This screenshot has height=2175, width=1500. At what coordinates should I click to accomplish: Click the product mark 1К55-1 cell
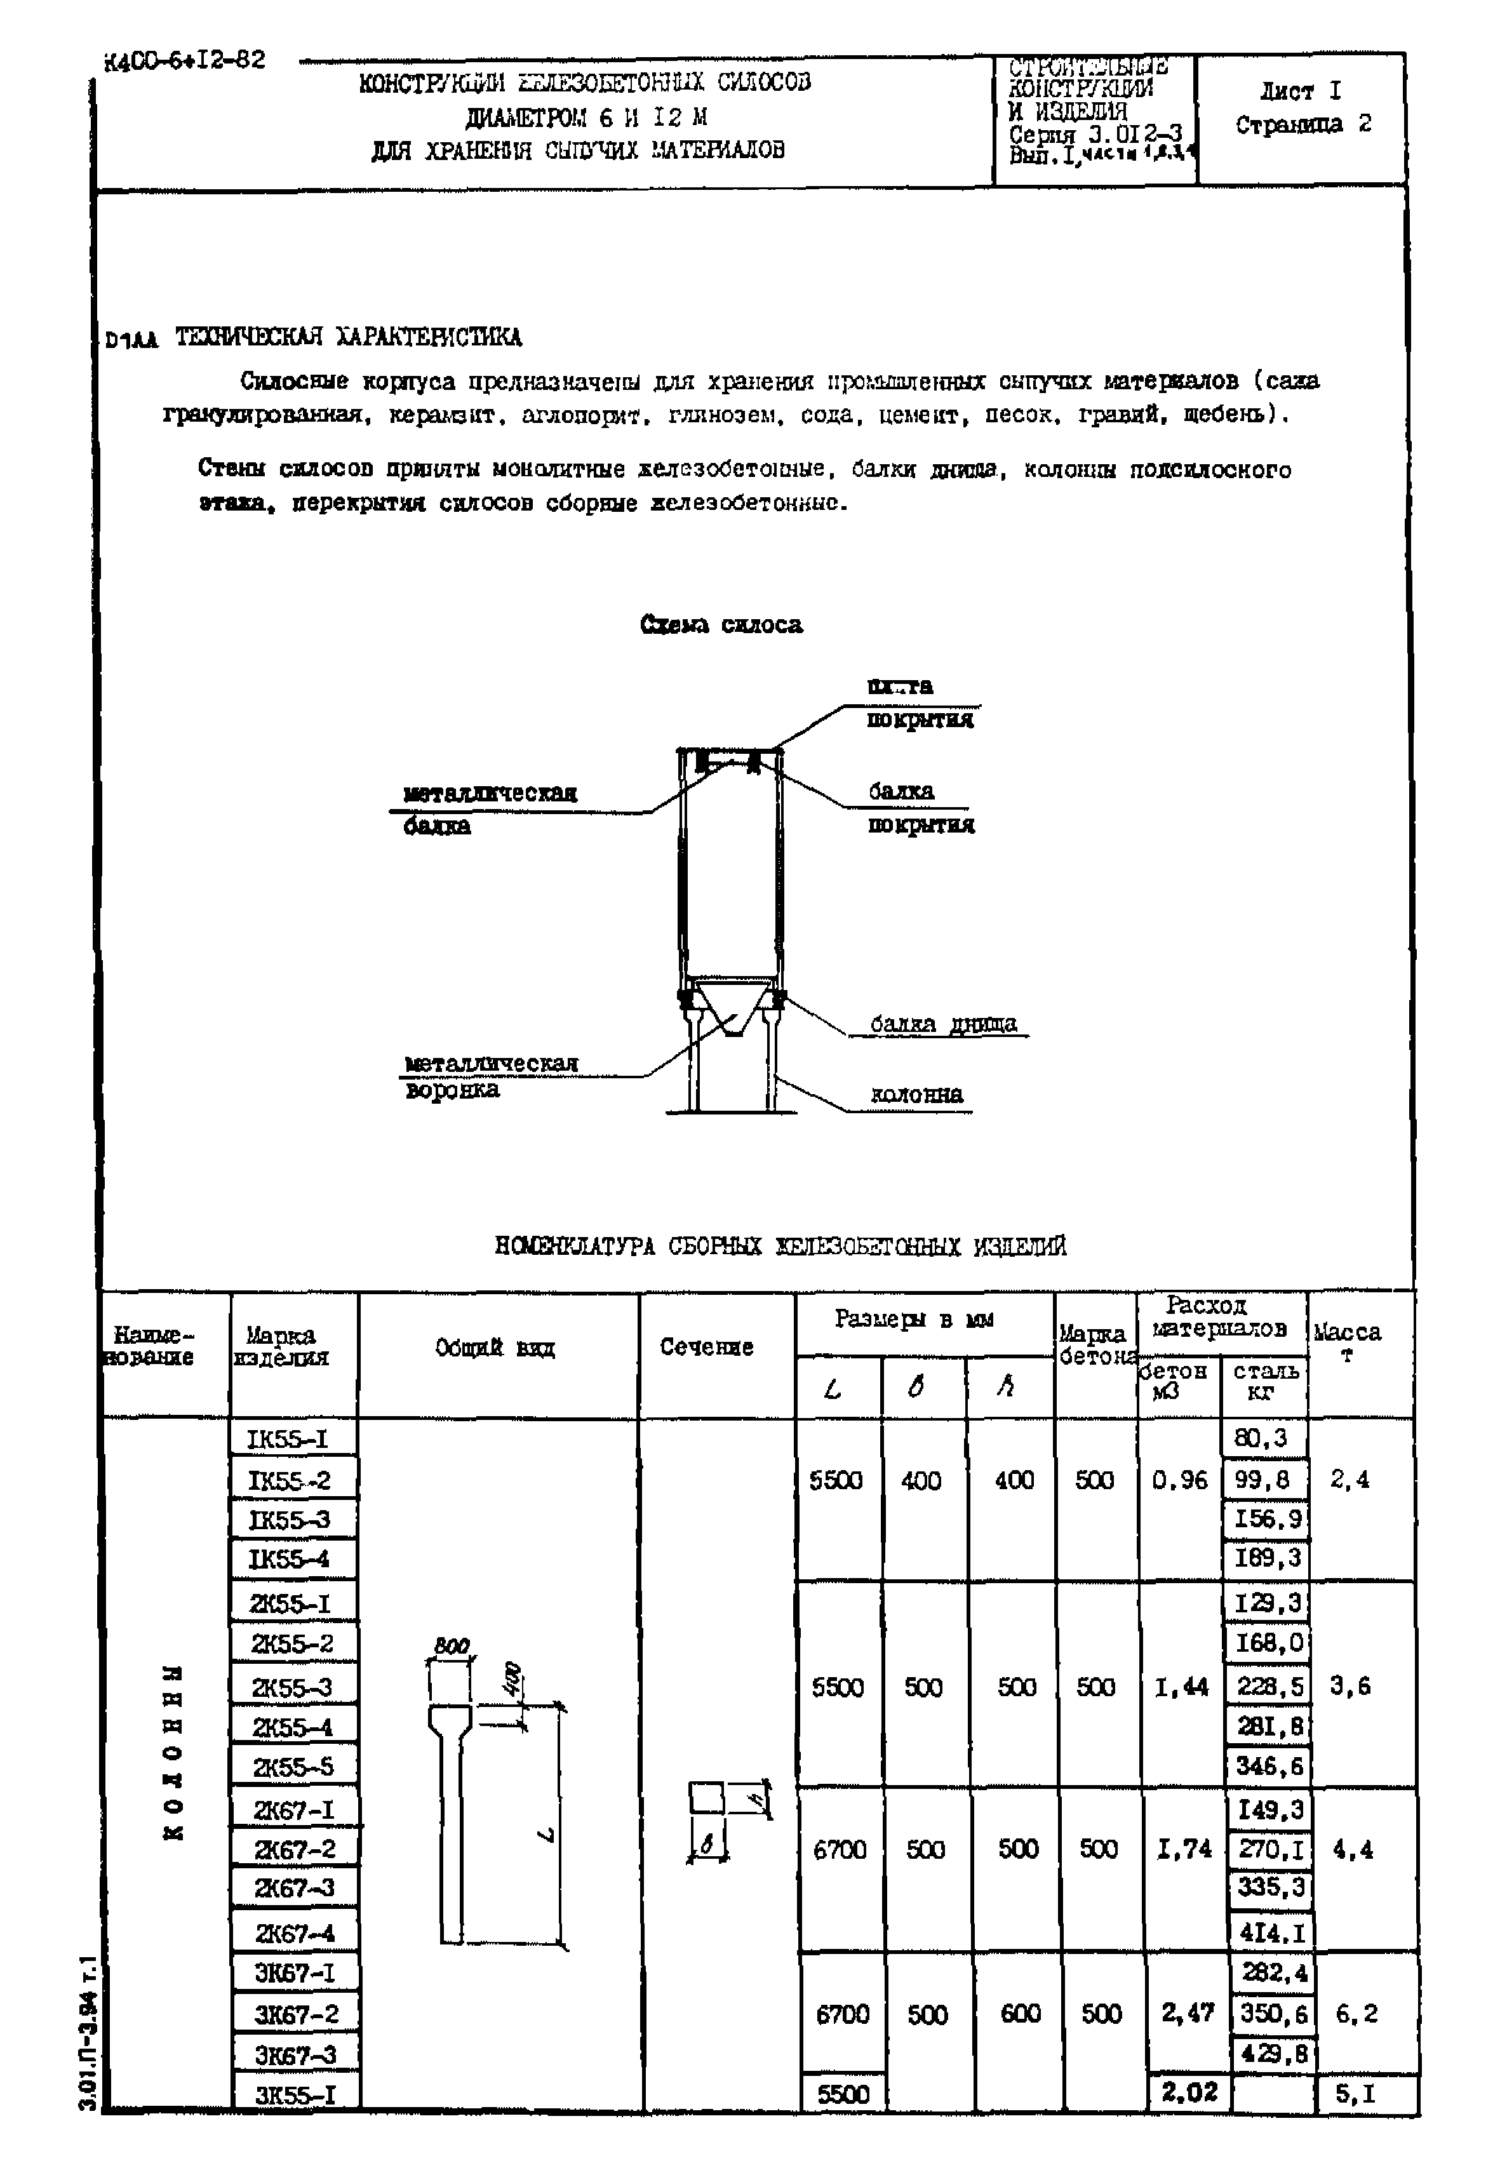pos(288,1439)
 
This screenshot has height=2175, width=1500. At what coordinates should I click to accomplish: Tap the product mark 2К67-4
pos(294,1934)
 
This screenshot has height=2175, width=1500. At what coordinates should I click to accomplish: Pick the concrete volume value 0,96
pos(1179,1480)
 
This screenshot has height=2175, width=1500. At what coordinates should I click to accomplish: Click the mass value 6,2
pos(1357,2013)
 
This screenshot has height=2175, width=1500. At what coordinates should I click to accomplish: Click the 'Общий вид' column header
pos(495,1348)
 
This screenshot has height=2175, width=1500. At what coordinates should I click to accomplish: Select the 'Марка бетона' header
pos(1093,1345)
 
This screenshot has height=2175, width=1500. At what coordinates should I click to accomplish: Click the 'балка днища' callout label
pos(942,1024)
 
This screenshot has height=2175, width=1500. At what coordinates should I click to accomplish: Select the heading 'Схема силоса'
pos(721,625)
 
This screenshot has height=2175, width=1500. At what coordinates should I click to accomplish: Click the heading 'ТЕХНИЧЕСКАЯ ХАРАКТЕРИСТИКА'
pos(348,337)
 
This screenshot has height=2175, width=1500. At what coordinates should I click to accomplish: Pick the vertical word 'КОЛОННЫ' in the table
pos(173,1752)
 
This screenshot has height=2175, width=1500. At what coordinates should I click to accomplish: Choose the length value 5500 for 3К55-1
pos(843,2094)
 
